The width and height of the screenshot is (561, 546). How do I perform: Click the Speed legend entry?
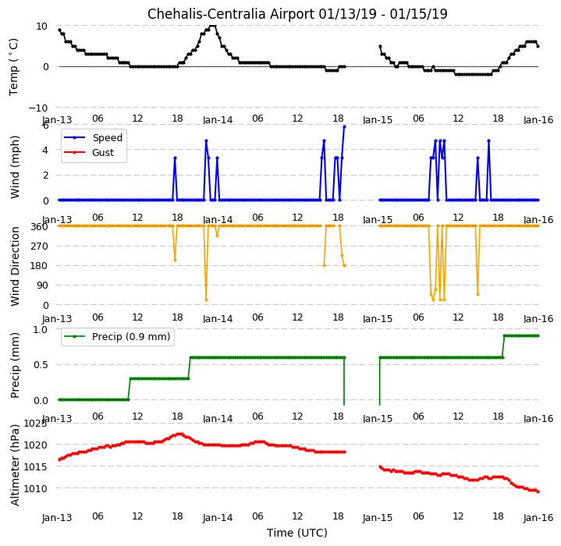(93, 137)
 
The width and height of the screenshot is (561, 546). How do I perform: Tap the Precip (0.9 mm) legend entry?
(116, 337)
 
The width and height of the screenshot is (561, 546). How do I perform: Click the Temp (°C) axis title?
(13, 67)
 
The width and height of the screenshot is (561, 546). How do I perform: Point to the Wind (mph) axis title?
(14, 167)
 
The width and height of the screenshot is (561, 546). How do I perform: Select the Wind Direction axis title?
(15, 266)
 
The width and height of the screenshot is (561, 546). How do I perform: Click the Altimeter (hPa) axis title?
(14, 465)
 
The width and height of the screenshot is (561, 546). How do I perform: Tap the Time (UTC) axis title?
(297, 533)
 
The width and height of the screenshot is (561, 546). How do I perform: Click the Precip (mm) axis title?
(14, 366)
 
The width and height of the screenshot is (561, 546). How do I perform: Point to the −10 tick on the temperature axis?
(38, 108)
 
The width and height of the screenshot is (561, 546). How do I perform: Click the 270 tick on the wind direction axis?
(41, 246)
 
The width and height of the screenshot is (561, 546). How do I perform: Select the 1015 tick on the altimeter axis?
(35, 466)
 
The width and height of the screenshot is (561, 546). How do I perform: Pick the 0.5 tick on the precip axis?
(41, 365)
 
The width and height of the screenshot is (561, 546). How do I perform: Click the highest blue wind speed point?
(344, 126)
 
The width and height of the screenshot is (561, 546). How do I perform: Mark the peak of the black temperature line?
(213, 26)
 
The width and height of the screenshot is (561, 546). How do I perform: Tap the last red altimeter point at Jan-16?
(538, 491)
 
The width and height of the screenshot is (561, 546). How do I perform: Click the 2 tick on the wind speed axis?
(45, 175)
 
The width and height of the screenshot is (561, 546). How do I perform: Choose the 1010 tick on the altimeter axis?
(35, 488)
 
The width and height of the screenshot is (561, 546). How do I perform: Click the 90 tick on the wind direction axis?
(43, 285)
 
